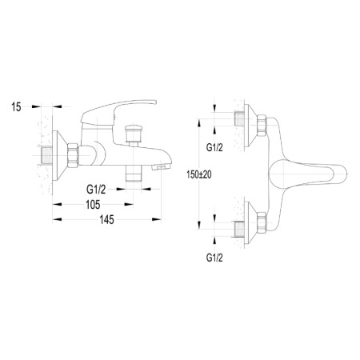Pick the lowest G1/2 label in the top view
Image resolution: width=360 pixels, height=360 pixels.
[215, 259]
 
